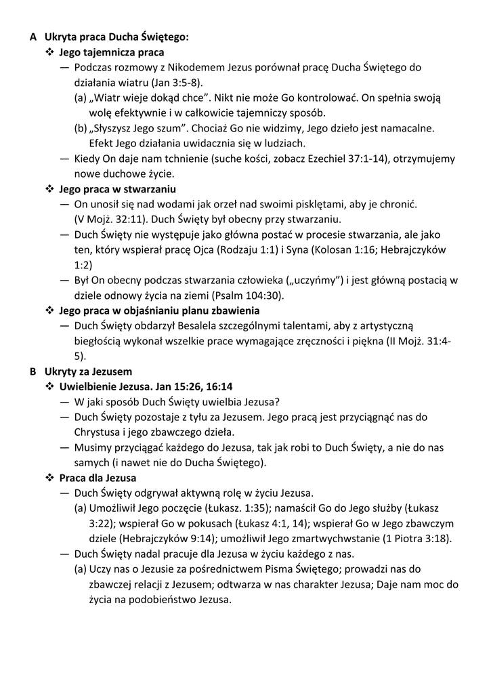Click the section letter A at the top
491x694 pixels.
click(33, 37)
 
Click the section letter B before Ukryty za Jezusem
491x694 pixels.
click(33, 371)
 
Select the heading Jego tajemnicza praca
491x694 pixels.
click(111, 52)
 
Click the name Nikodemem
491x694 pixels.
click(200, 67)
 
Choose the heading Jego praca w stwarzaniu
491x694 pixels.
click(117, 188)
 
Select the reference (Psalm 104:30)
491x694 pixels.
click(248, 295)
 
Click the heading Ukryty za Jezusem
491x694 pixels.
click(88, 371)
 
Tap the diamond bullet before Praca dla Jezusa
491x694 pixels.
click(49, 478)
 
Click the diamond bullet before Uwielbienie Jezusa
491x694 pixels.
click(49, 386)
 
